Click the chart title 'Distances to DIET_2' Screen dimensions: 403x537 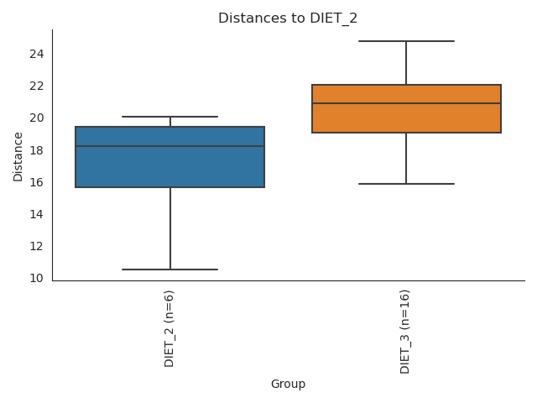click(x=288, y=18)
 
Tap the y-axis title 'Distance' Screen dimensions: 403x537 click(x=18, y=155)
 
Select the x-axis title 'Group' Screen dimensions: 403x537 click(x=288, y=384)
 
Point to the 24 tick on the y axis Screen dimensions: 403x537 click(x=36, y=55)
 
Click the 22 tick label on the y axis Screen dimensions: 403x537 click(x=36, y=86)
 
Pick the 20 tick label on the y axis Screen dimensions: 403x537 click(x=36, y=118)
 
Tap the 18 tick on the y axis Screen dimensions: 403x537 click(x=36, y=150)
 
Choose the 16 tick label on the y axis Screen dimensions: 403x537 click(x=36, y=182)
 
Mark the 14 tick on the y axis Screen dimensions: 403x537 click(x=36, y=214)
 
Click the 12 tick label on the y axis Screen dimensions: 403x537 click(x=36, y=246)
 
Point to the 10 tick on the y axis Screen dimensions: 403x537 click(x=36, y=278)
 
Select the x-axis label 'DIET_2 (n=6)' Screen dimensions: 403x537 click(x=169, y=328)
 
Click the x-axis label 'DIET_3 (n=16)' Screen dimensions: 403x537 click(x=406, y=332)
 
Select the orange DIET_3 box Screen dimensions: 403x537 click(x=406, y=118)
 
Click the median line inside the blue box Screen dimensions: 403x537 click(x=169, y=146)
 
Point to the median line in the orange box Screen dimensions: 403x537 click(x=406, y=103)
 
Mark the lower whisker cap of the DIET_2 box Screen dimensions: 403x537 click(x=169, y=270)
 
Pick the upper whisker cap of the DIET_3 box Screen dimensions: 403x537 click(x=406, y=41)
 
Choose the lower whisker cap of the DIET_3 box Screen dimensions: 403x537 click(x=406, y=184)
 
